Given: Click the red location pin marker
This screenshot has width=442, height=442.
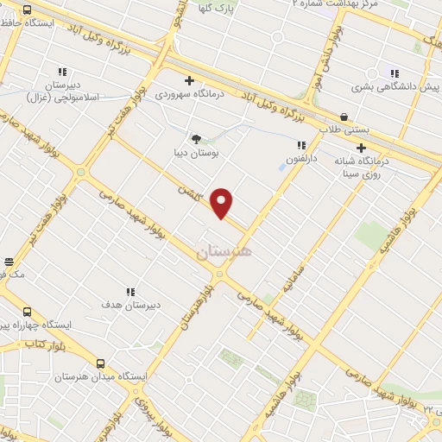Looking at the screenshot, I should coord(223,203).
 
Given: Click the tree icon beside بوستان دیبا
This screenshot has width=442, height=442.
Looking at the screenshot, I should coord(197,138).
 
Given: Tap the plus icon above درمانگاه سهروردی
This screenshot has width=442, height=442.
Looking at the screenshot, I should coord(189,81).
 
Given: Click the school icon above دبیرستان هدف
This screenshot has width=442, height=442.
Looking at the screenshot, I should coord(131,293).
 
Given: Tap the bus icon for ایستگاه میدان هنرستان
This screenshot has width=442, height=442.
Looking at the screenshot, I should coord(101,364).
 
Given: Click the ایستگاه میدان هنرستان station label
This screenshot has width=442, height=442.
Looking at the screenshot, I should coord(91,378).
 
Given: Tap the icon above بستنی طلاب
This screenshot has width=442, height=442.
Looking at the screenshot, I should coord(344,117).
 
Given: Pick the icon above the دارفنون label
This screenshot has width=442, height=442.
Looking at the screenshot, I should coord(302,146).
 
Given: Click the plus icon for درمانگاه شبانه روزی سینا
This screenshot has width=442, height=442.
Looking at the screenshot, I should coord(361,148).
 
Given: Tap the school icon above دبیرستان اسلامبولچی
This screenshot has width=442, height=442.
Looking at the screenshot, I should coord(62,73).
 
